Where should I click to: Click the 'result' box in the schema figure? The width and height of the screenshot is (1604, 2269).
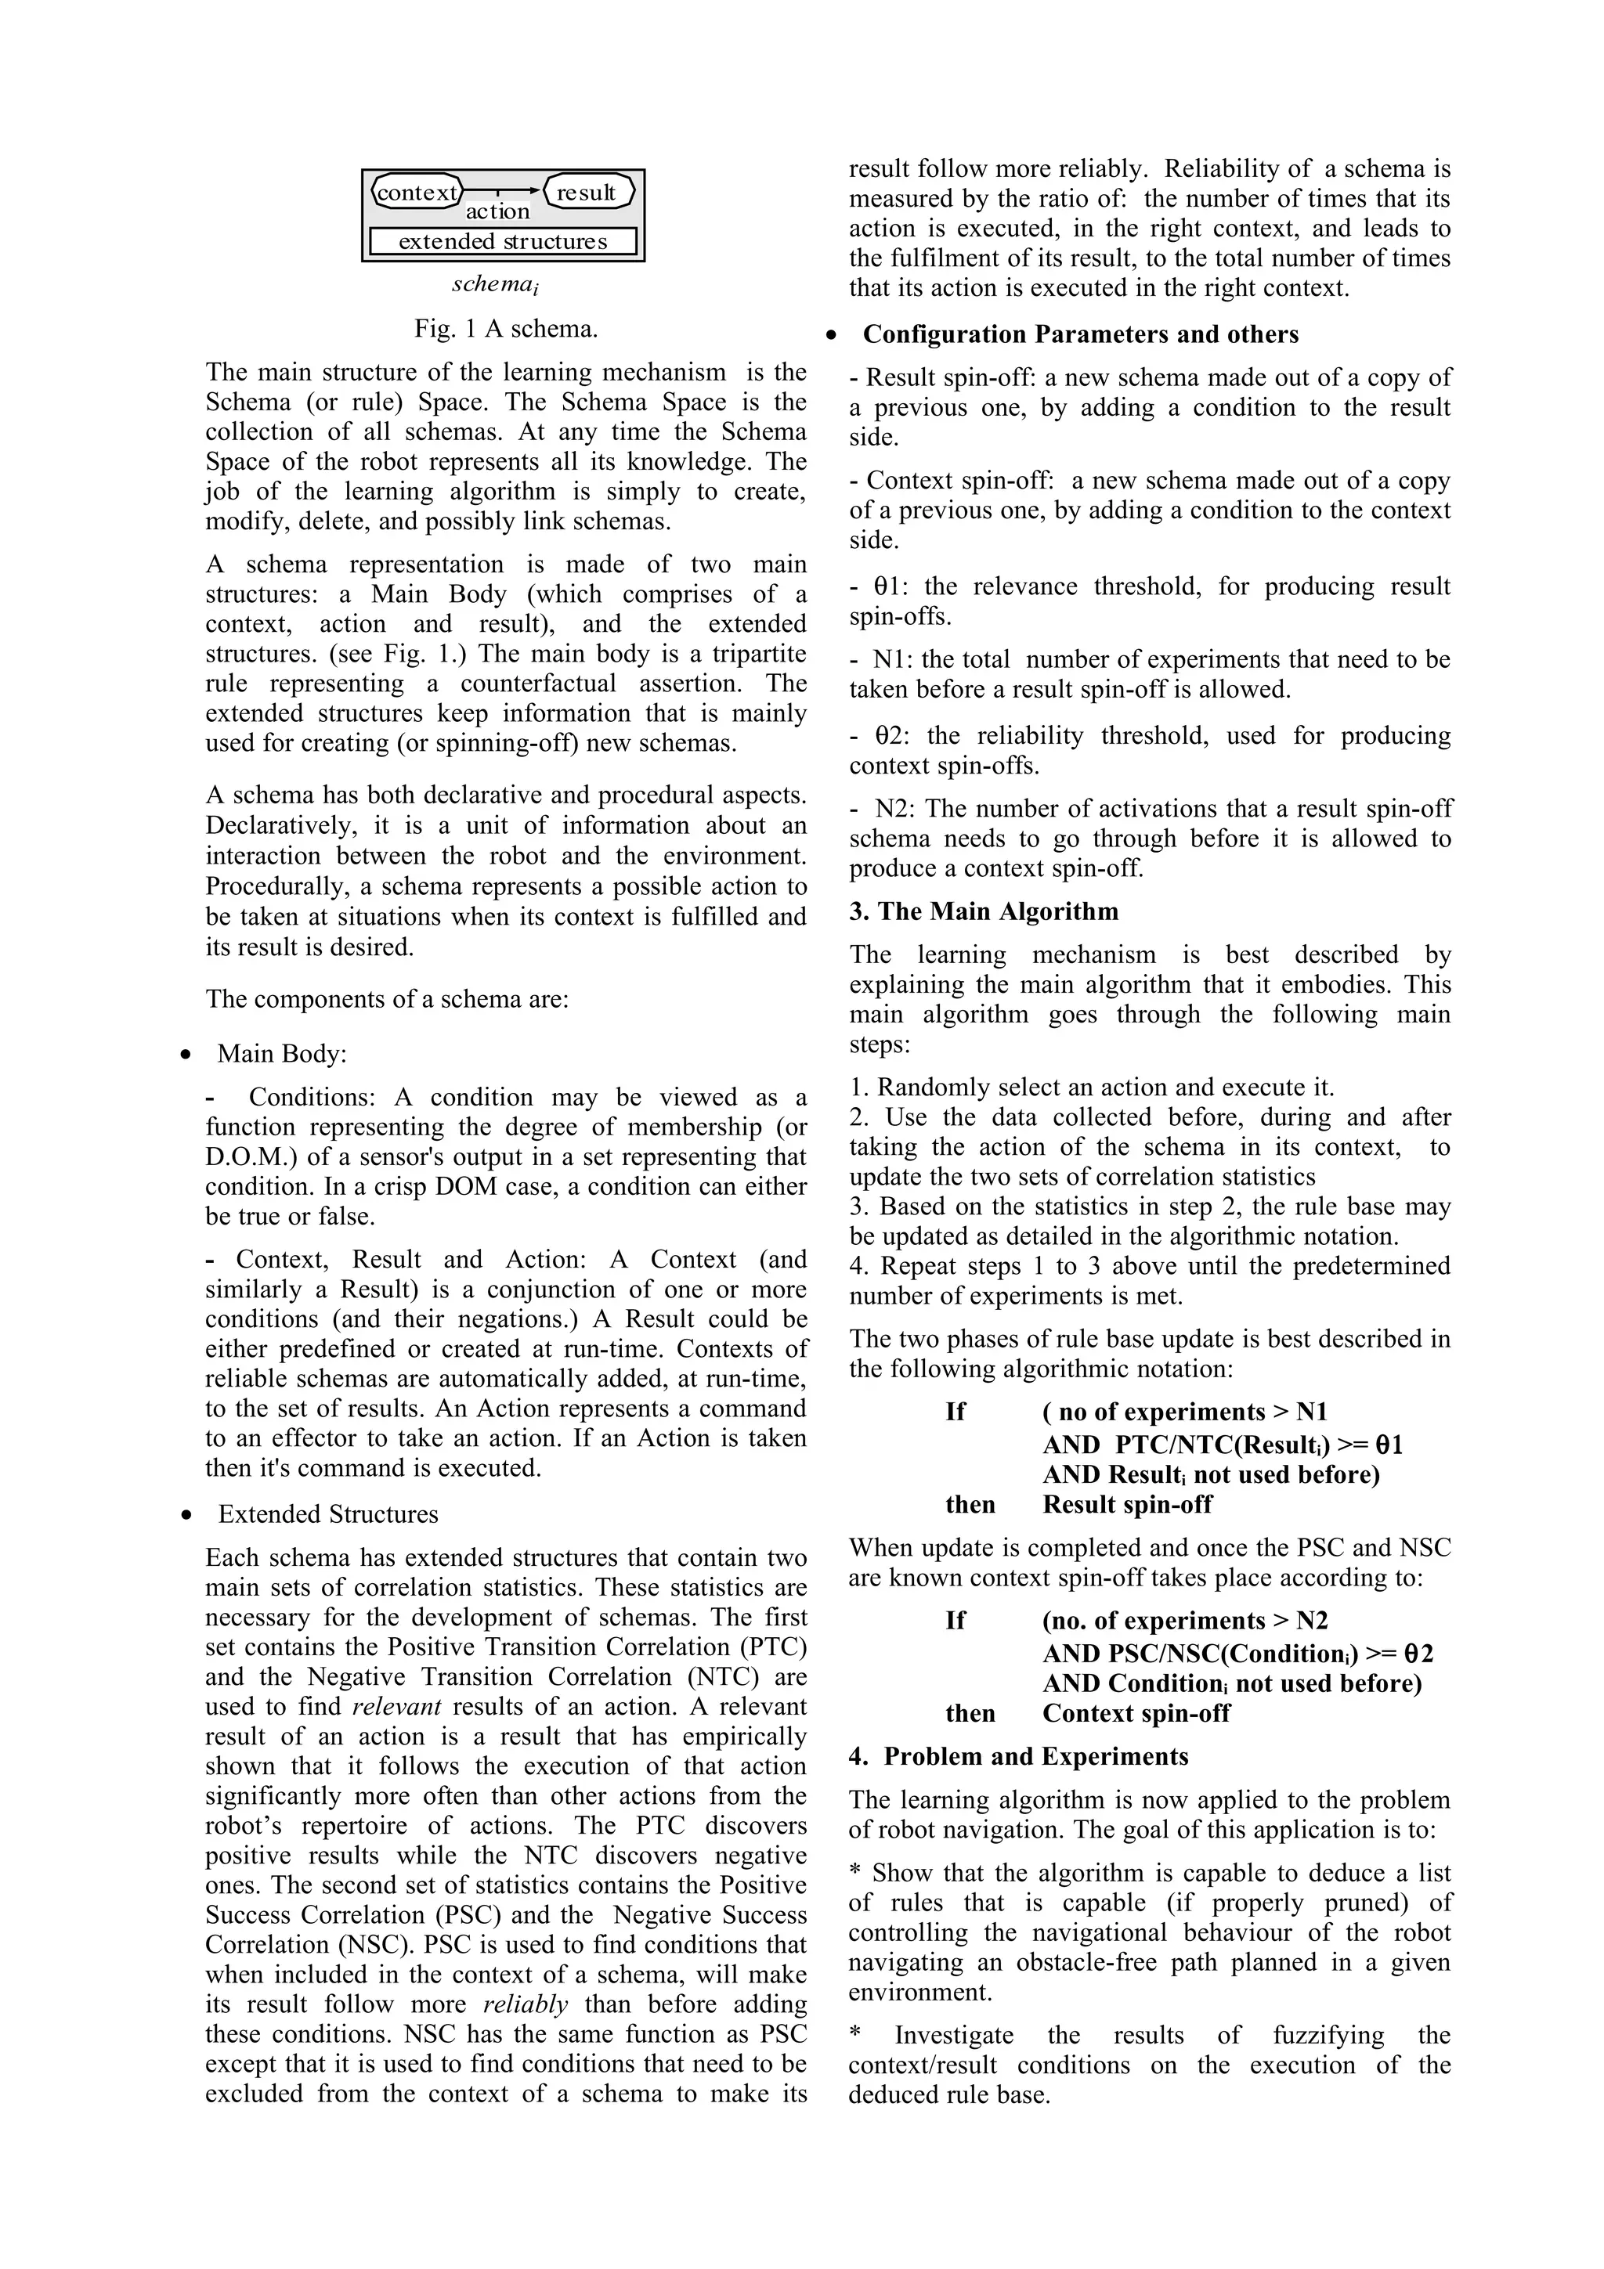tap(588, 192)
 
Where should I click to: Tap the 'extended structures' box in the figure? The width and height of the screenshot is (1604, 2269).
tap(503, 241)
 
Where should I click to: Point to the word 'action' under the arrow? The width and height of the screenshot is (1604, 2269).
tap(498, 211)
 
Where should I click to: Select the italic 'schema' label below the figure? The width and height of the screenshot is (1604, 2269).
tap(494, 285)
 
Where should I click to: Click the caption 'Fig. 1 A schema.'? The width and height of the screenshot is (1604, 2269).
tap(506, 328)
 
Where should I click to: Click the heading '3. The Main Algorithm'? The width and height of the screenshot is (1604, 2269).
tap(984, 911)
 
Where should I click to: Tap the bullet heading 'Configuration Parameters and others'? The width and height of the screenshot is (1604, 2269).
tap(1080, 334)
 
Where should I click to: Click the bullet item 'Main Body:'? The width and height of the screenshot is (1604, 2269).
tap(282, 1054)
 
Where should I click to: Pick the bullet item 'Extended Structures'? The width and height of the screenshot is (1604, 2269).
tap(328, 1514)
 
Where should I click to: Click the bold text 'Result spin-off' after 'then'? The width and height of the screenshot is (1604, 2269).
tap(1127, 1504)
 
